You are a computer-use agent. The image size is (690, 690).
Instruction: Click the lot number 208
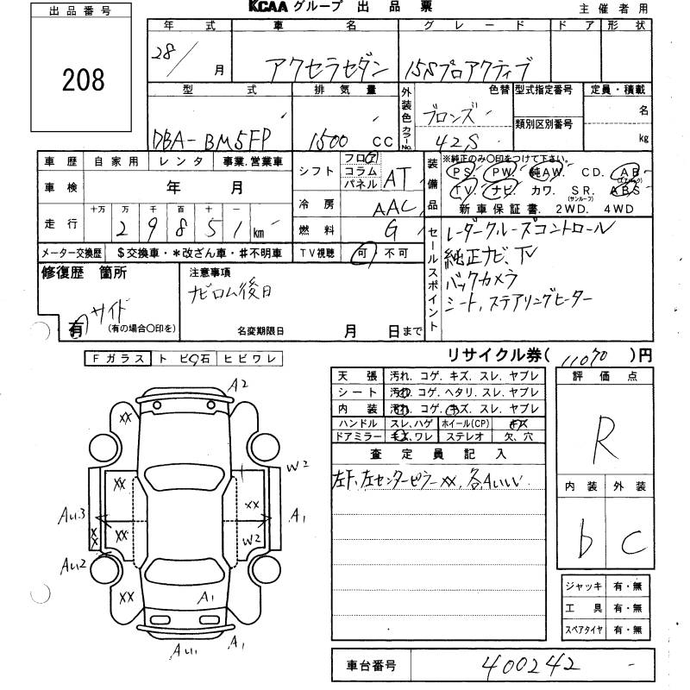[84, 79]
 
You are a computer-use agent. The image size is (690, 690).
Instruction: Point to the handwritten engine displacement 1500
[335, 137]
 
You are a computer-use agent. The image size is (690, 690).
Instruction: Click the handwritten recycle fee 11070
[592, 356]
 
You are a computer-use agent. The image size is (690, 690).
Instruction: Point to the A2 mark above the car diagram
[239, 384]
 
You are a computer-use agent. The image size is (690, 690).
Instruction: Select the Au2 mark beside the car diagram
[73, 565]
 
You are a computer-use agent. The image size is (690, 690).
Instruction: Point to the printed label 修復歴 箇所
[84, 273]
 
